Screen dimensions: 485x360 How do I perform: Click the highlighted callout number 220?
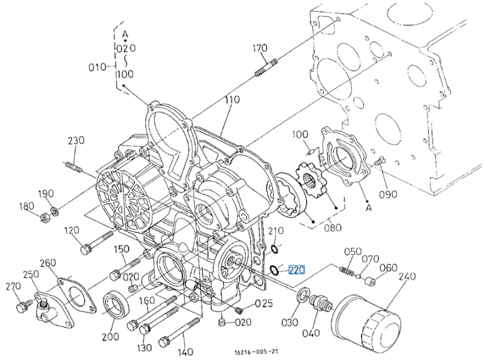[x=297, y=270]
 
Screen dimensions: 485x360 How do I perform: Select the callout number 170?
[x=260, y=48]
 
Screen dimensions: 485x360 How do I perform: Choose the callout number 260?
[x=48, y=263]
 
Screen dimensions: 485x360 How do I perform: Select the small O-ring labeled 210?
[x=274, y=249]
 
